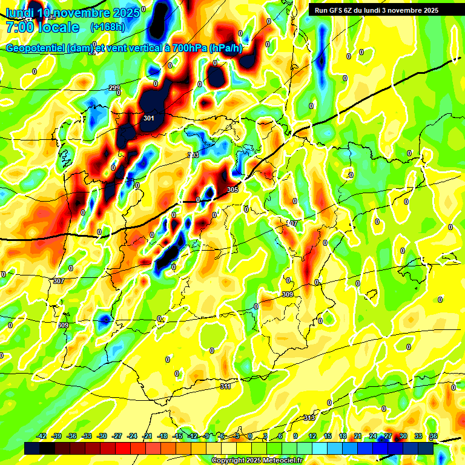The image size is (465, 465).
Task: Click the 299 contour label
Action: pyautogui.click(x=114, y=88)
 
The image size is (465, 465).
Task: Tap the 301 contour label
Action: pyautogui.click(x=149, y=119)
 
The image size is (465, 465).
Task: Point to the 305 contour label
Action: pyautogui.click(x=232, y=190)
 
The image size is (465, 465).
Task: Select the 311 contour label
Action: pyautogui.click(x=225, y=386)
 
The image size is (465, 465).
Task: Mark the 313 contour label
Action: pyautogui.click(x=309, y=418)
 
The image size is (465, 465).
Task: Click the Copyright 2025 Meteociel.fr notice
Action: pyautogui.click(x=257, y=460)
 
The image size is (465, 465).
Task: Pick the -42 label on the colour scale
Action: pyautogui.click(x=42, y=436)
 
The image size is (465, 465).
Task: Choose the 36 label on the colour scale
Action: pyautogui.click(x=434, y=436)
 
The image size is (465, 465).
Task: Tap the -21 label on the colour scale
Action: pyautogui.click(x=147, y=436)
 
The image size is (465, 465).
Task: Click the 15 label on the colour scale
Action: pyautogui.click(x=328, y=436)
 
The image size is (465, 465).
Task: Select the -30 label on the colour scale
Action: pyautogui.click(x=102, y=436)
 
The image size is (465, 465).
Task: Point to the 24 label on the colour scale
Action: pyautogui.click(x=373, y=436)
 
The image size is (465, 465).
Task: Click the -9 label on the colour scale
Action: pyautogui.click(x=207, y=436)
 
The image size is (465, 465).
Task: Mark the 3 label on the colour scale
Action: pyautogui.click(x=265, y=436)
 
